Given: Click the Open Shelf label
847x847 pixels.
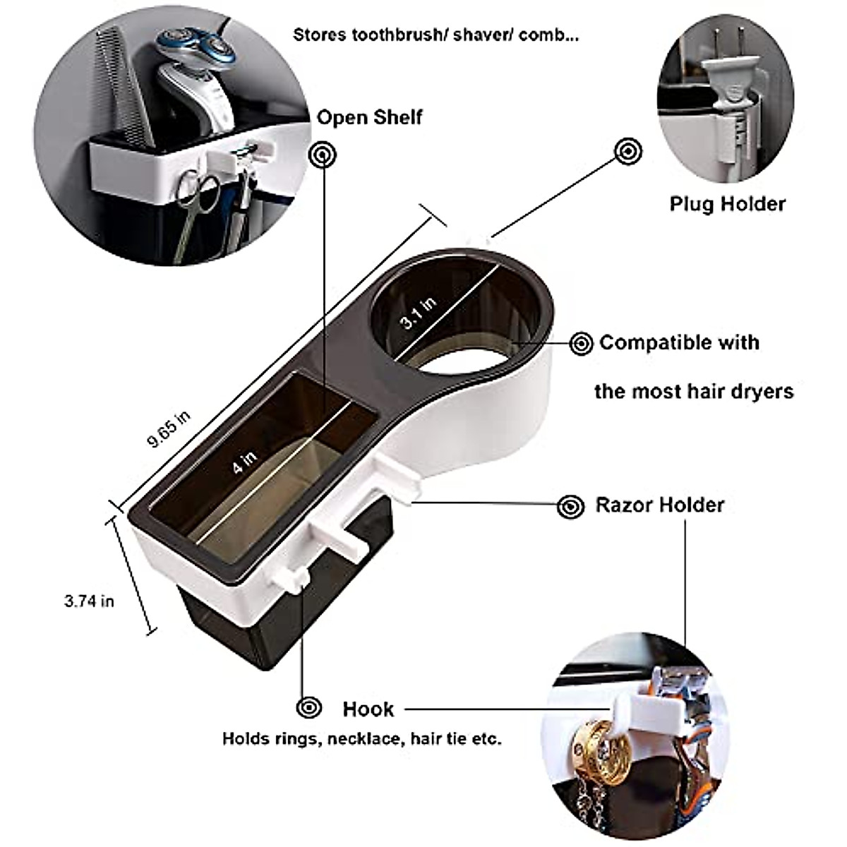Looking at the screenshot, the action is (x=369, y=116).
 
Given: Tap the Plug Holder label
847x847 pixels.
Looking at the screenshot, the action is (x=727, y=204).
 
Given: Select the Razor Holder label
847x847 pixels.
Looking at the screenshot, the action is (x=660, y=505).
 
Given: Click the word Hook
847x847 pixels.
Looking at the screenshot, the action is (x=368, y=709).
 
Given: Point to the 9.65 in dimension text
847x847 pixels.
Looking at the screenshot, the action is (x=169, y=430).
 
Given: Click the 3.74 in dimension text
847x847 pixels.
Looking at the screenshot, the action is (x=88, y=601).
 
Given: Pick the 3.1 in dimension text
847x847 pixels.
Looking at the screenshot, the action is (x=418, y=313).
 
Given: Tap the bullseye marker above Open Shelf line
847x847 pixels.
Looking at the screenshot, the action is (x=323, y=154).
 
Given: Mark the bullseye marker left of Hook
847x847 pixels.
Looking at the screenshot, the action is (x=309, y=707).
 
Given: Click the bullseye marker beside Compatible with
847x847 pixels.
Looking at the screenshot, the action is (x=582, y=344).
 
